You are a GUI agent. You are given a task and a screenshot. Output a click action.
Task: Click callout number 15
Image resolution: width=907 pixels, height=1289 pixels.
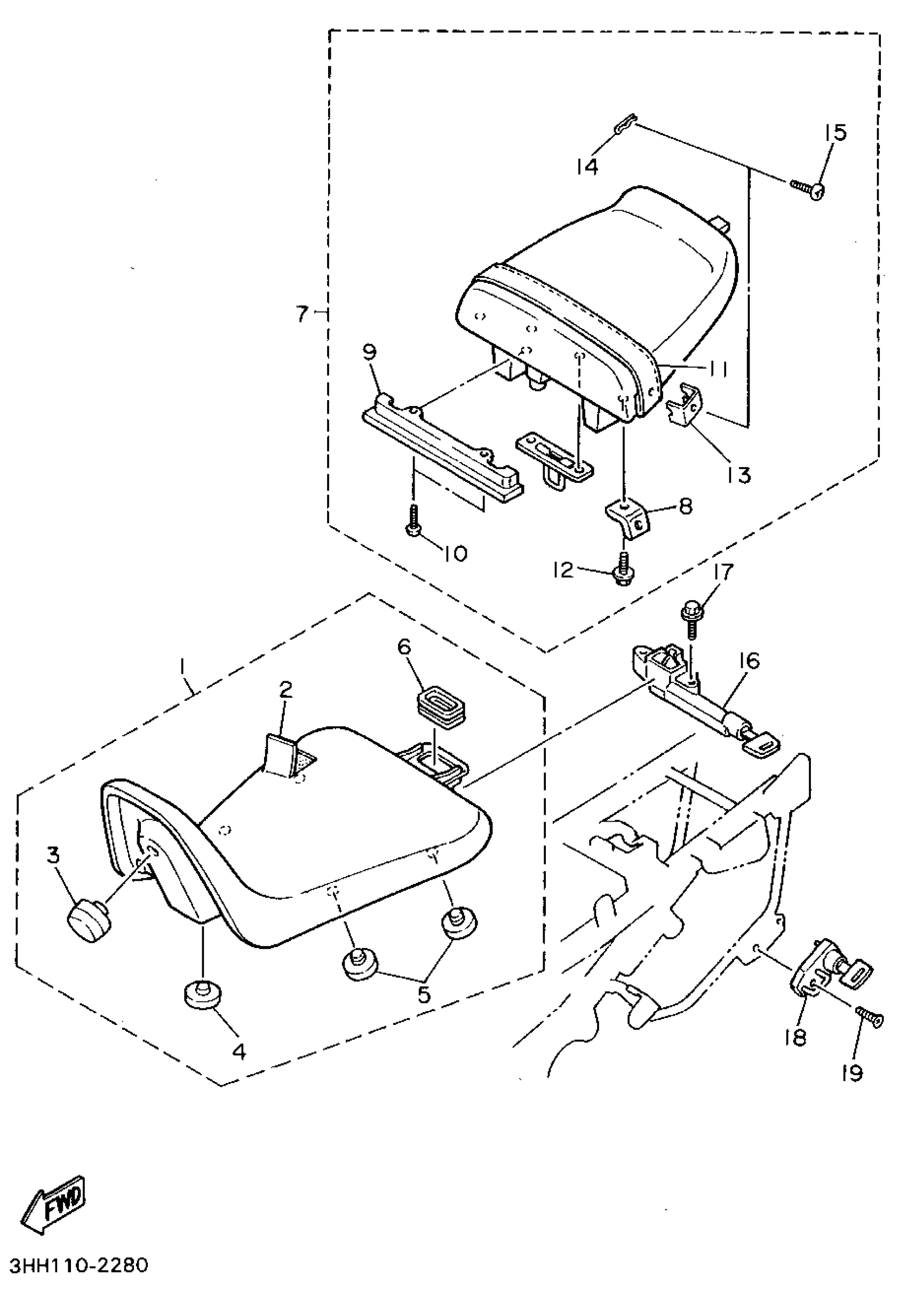point(835,133)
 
